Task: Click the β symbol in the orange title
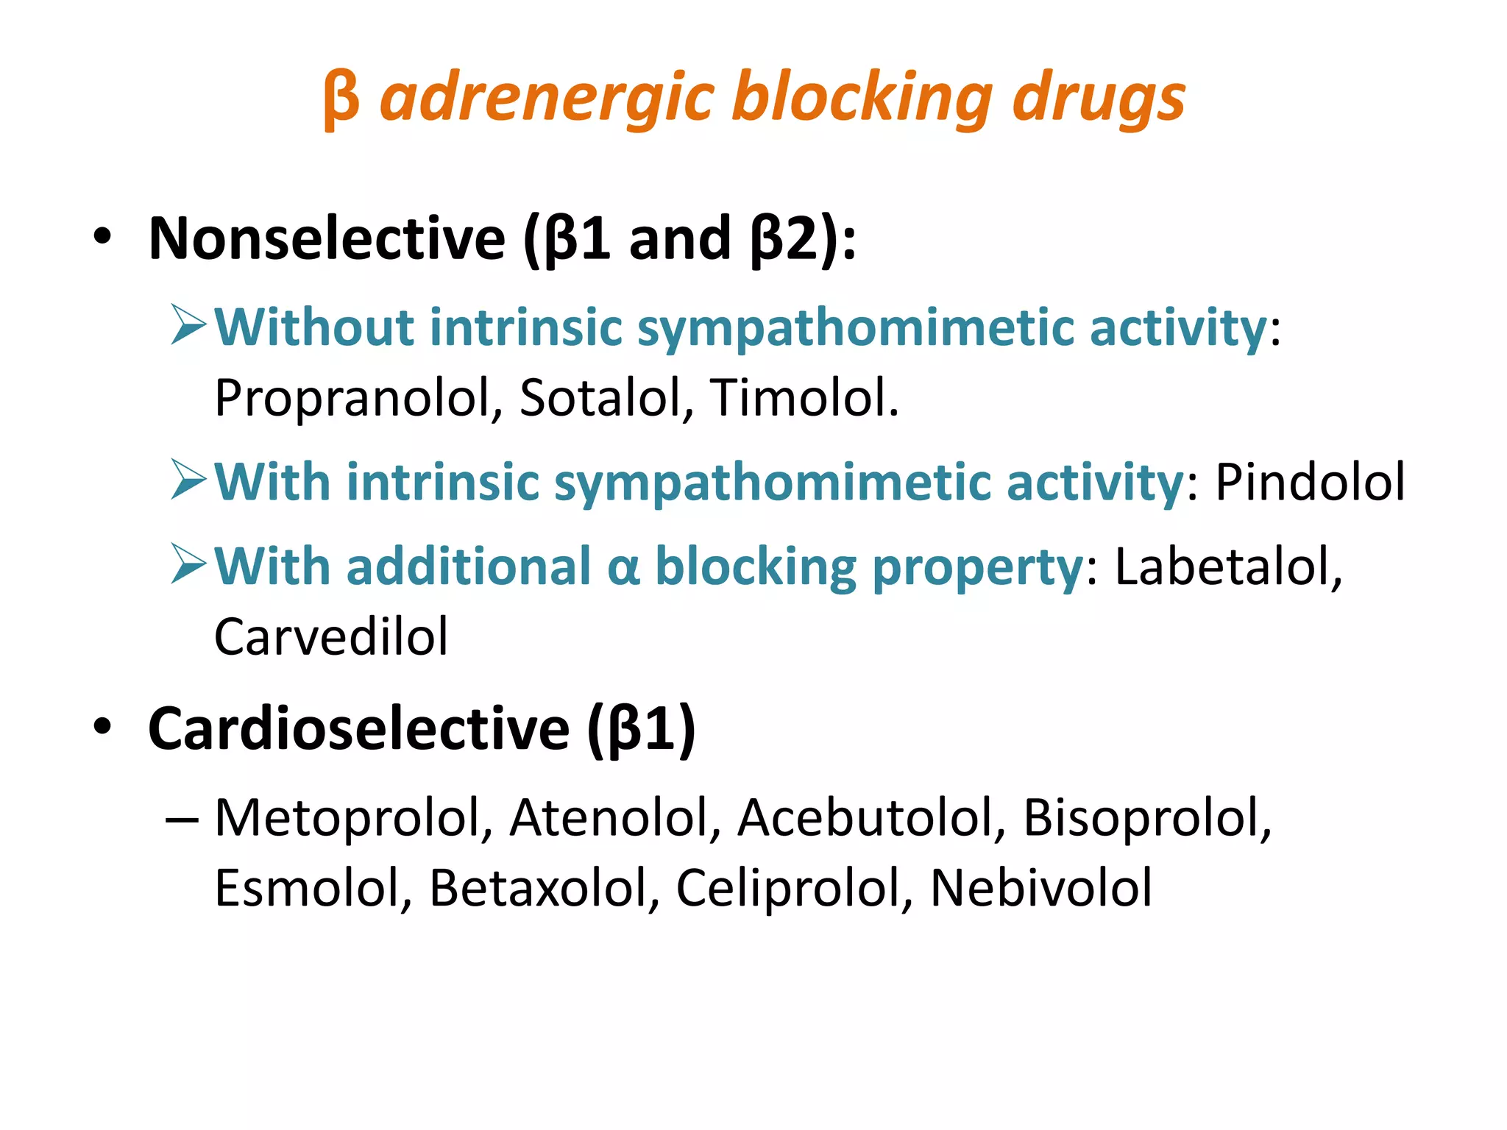coord(341,99)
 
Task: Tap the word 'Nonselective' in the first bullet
coord(327,238)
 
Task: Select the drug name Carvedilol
coord(331,636)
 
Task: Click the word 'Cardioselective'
coord(358,728)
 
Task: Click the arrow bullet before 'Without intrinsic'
coord(188,325)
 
